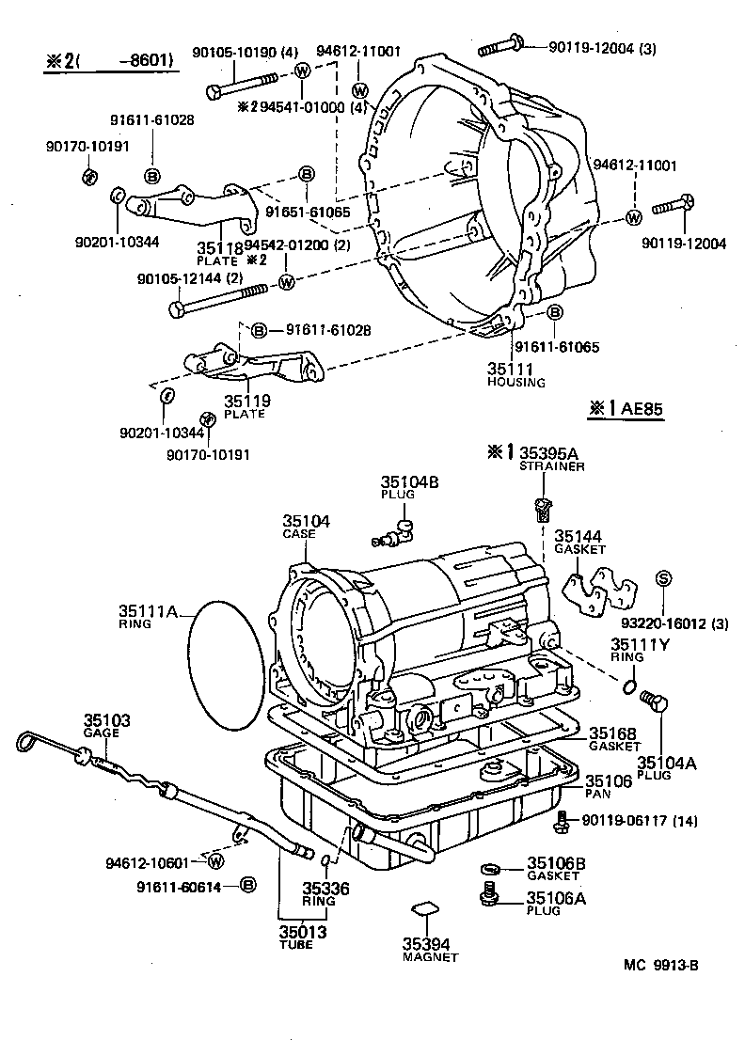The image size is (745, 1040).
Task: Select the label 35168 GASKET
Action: coord(613,739)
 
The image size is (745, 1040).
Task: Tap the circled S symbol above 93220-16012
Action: coord(663,579)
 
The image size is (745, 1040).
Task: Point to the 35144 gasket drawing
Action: coord(598,590)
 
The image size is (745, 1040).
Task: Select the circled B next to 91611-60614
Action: coord(247,886)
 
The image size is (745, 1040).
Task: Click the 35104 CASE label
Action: coord(306,525)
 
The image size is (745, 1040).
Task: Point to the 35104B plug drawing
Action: coord(396,533)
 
